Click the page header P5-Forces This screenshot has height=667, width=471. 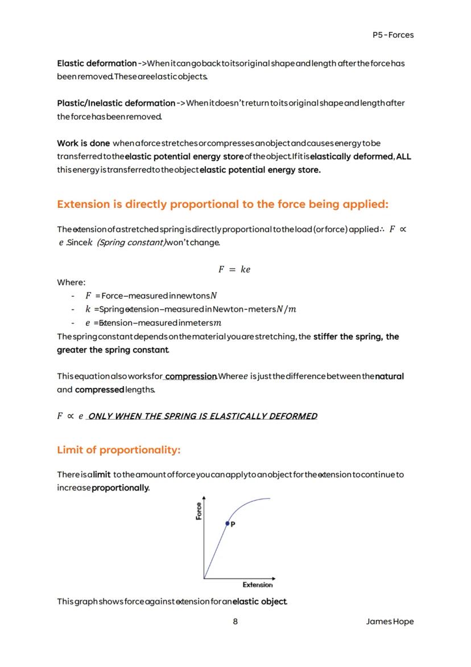[392, 35]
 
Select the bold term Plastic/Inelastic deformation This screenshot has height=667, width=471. [116, 103]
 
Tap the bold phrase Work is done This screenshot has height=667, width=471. [83, 143]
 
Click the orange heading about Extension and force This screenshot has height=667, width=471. [222, 204]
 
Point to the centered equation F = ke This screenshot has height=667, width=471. [234, 269]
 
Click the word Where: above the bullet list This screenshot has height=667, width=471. [71, 282]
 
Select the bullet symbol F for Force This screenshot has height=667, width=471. [88, 296]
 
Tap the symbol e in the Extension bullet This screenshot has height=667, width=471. [88, 323]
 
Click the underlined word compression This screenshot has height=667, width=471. [191, 377]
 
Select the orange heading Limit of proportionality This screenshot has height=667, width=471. [118, 450]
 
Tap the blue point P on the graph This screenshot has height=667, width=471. [228, 523]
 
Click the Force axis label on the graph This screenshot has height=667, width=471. [199, 511]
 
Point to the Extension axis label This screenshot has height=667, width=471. [258, 584]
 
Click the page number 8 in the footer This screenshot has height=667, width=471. [235, 621]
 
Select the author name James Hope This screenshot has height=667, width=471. [390, 621]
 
